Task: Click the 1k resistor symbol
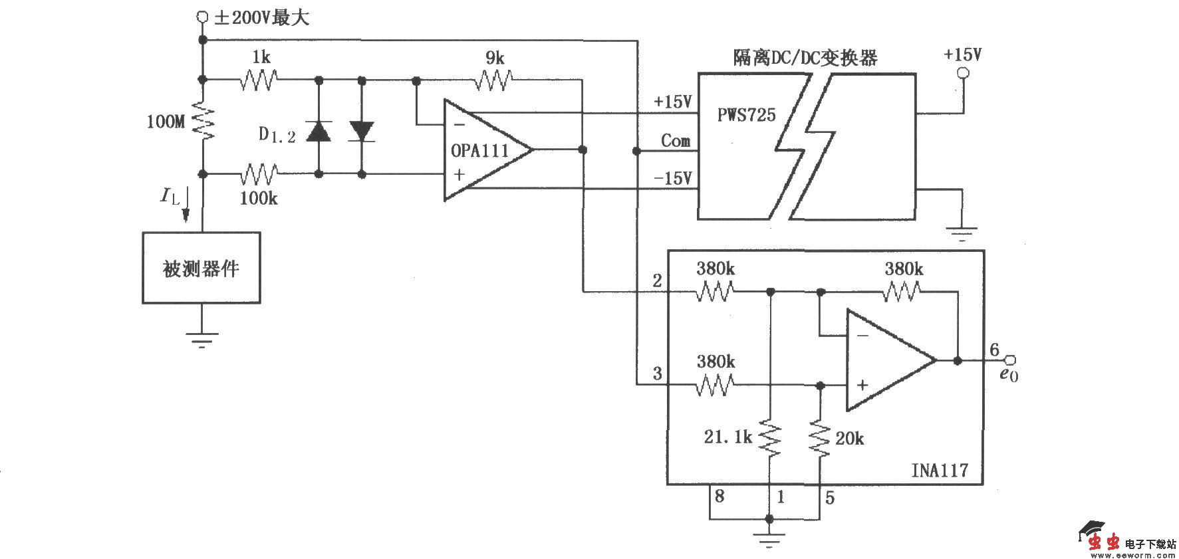click(x=259, y=80)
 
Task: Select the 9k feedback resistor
click(x=493, y=80)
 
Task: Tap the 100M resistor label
click(x=166, y=121)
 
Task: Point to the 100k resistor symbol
click(x=259, y=175)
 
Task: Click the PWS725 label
click(x=746, y=115)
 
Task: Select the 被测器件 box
click(x=201, y=268)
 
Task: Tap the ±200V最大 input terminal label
click(x=261, y=17)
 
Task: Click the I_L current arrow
click(x=186, y=205)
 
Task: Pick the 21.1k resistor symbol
click(x=770, y=437)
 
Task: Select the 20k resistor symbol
click(x=820, y=437)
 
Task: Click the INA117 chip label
click(x=939, y=470)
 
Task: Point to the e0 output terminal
click(x=1010, y=360)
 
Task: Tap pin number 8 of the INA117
click(x=719, y=496)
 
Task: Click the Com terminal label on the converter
click(x=675, y=141)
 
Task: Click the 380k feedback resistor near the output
click(x=903, y=291)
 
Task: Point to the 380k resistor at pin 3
click(x=715, y=384)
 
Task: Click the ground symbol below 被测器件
click(x=201, y=339)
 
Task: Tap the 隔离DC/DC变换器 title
click(x=805, y=57)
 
